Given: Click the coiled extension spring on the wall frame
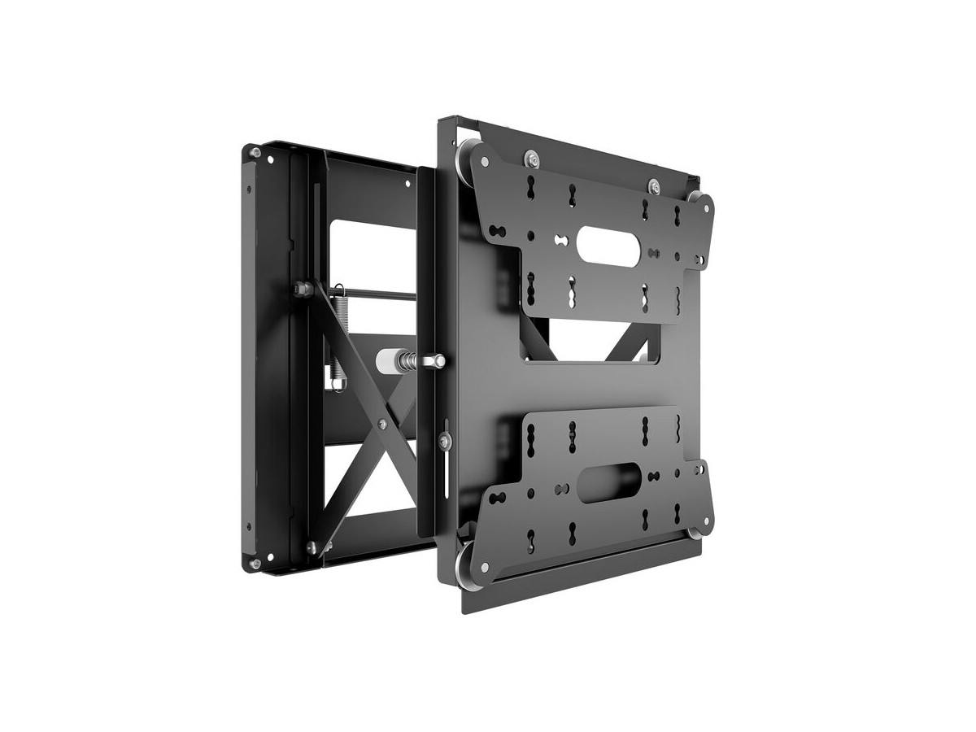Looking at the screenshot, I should pos(339,333).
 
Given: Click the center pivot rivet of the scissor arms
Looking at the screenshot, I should pos(382,424).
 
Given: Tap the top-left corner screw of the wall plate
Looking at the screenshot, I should pos(255,152).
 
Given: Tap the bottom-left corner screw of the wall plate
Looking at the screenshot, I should pos(255,563).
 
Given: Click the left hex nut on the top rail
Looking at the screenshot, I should pos(531,158).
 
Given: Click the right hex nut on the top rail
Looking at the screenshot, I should pos(652,185).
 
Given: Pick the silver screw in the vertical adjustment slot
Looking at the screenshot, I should pos(444,440).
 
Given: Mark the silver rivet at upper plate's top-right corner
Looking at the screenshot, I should pos(705,208).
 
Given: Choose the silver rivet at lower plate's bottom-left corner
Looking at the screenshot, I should pos(485,567).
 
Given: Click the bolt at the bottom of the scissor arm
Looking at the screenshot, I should pos(312,547).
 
